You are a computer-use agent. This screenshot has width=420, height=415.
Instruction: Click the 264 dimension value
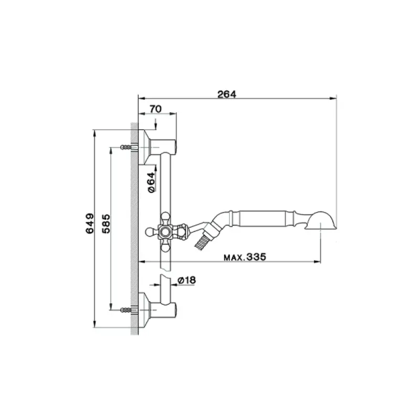point(227,94)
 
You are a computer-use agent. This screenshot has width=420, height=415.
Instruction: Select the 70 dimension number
point(155,109)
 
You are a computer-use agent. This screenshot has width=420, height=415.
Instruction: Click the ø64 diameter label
point(151,182)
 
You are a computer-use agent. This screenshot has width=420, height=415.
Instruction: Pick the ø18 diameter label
point(186,281)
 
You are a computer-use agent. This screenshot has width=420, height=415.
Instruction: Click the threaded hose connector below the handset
point(201,242)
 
